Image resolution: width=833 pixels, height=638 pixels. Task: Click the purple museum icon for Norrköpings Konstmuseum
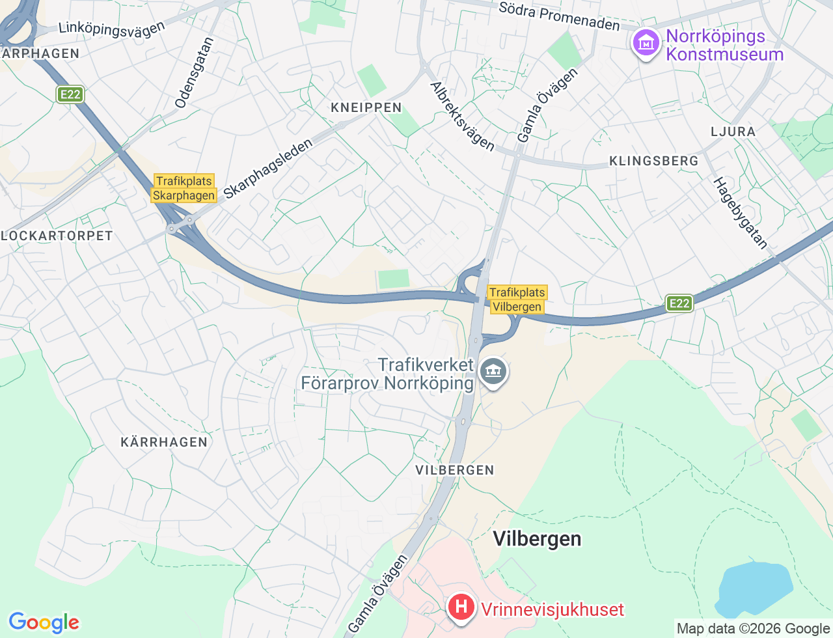[x=646, y=44]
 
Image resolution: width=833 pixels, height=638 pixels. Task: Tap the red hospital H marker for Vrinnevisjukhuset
[x=461, y=608]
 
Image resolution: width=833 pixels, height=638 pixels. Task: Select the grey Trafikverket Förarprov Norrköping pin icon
[x=493, y=372]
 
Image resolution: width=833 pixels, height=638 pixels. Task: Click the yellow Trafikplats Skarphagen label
[x=184, y=188]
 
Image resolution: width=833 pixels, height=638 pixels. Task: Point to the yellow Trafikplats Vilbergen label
[x=517, y=299]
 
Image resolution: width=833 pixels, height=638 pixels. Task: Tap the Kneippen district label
[x=366, y=107]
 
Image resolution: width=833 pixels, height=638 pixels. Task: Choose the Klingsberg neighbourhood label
[x=653, y=161]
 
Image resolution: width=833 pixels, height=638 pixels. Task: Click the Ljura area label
[x=733, y=132]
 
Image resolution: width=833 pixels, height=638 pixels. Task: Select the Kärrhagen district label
[x=164, y=442]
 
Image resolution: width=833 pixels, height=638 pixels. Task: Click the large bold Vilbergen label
[x=537, y=539]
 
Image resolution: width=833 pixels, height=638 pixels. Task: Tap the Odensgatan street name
[x=194, y=72]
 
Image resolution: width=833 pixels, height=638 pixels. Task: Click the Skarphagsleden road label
[x=267, y=169]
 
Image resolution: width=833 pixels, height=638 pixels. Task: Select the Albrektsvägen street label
[x=462, y=116]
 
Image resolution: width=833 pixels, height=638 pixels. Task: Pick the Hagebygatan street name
[x=741, y=213]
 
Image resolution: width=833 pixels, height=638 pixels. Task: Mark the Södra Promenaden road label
[x=559, y=16]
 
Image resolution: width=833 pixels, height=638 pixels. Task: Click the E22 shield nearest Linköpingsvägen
[x=70, y=94]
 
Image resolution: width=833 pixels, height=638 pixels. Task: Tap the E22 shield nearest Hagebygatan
[x=679, y=303]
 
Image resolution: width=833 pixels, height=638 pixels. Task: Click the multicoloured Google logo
[x=44, y=622]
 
